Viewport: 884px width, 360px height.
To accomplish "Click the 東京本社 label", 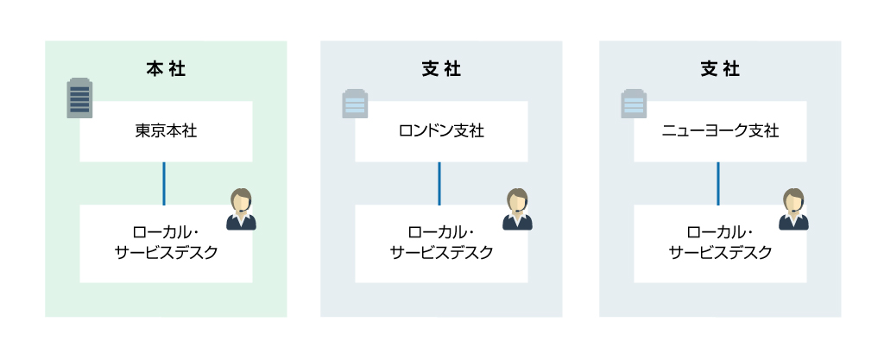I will point(166,131).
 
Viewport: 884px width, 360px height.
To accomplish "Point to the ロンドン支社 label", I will point(441,131).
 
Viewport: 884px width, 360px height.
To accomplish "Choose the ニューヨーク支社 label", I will point(720,131).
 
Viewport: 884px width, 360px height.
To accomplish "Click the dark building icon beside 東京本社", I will point(79,99).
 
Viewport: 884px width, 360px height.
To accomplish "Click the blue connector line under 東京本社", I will point(164,183).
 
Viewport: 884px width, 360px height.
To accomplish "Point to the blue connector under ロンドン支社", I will point(439,183).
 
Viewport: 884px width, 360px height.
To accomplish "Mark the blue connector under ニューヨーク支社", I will point(718,183).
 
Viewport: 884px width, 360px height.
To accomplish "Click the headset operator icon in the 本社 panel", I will point(241,210).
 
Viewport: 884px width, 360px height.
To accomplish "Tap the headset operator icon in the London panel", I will point(517,210).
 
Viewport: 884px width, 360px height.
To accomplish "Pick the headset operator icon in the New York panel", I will point(793,210).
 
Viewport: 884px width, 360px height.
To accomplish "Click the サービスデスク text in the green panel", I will point(166,253).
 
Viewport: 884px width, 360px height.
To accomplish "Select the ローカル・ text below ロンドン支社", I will point(441,233).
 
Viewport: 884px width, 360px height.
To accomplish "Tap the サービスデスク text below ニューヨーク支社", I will point(720,253).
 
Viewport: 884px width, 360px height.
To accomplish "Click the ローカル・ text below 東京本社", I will point(166,233).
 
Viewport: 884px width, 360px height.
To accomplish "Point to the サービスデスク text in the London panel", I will point(441,253).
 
